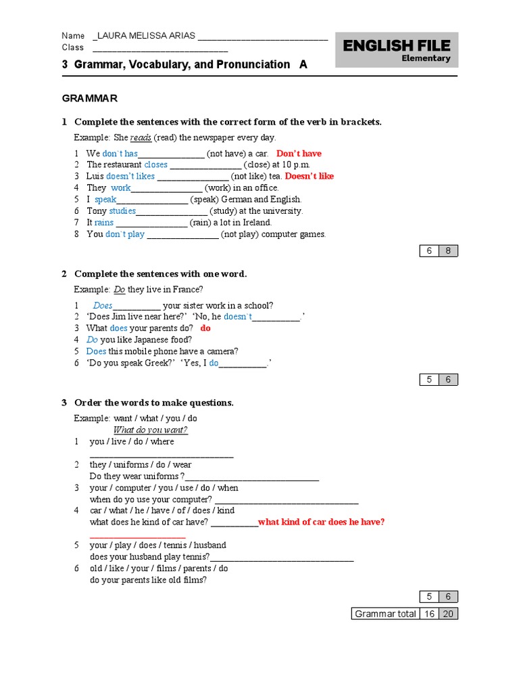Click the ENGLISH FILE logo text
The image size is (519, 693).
396,45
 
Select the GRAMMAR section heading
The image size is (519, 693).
90,98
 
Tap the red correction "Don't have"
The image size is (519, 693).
299,154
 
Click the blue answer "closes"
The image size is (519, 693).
155,164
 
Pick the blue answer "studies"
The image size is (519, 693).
122,210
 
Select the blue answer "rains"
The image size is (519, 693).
104,222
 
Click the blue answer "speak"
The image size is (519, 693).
105,200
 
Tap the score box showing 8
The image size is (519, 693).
447,251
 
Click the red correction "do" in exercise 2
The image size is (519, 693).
205,328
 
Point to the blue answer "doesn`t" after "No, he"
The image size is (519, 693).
238,317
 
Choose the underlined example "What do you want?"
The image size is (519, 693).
150,430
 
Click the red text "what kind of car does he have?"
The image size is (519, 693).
322,522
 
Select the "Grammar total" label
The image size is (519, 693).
385,614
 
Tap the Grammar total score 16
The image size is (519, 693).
428,614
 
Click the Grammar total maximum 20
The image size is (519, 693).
447,614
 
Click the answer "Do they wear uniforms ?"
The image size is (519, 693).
137,476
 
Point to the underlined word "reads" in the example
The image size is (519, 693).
141,137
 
